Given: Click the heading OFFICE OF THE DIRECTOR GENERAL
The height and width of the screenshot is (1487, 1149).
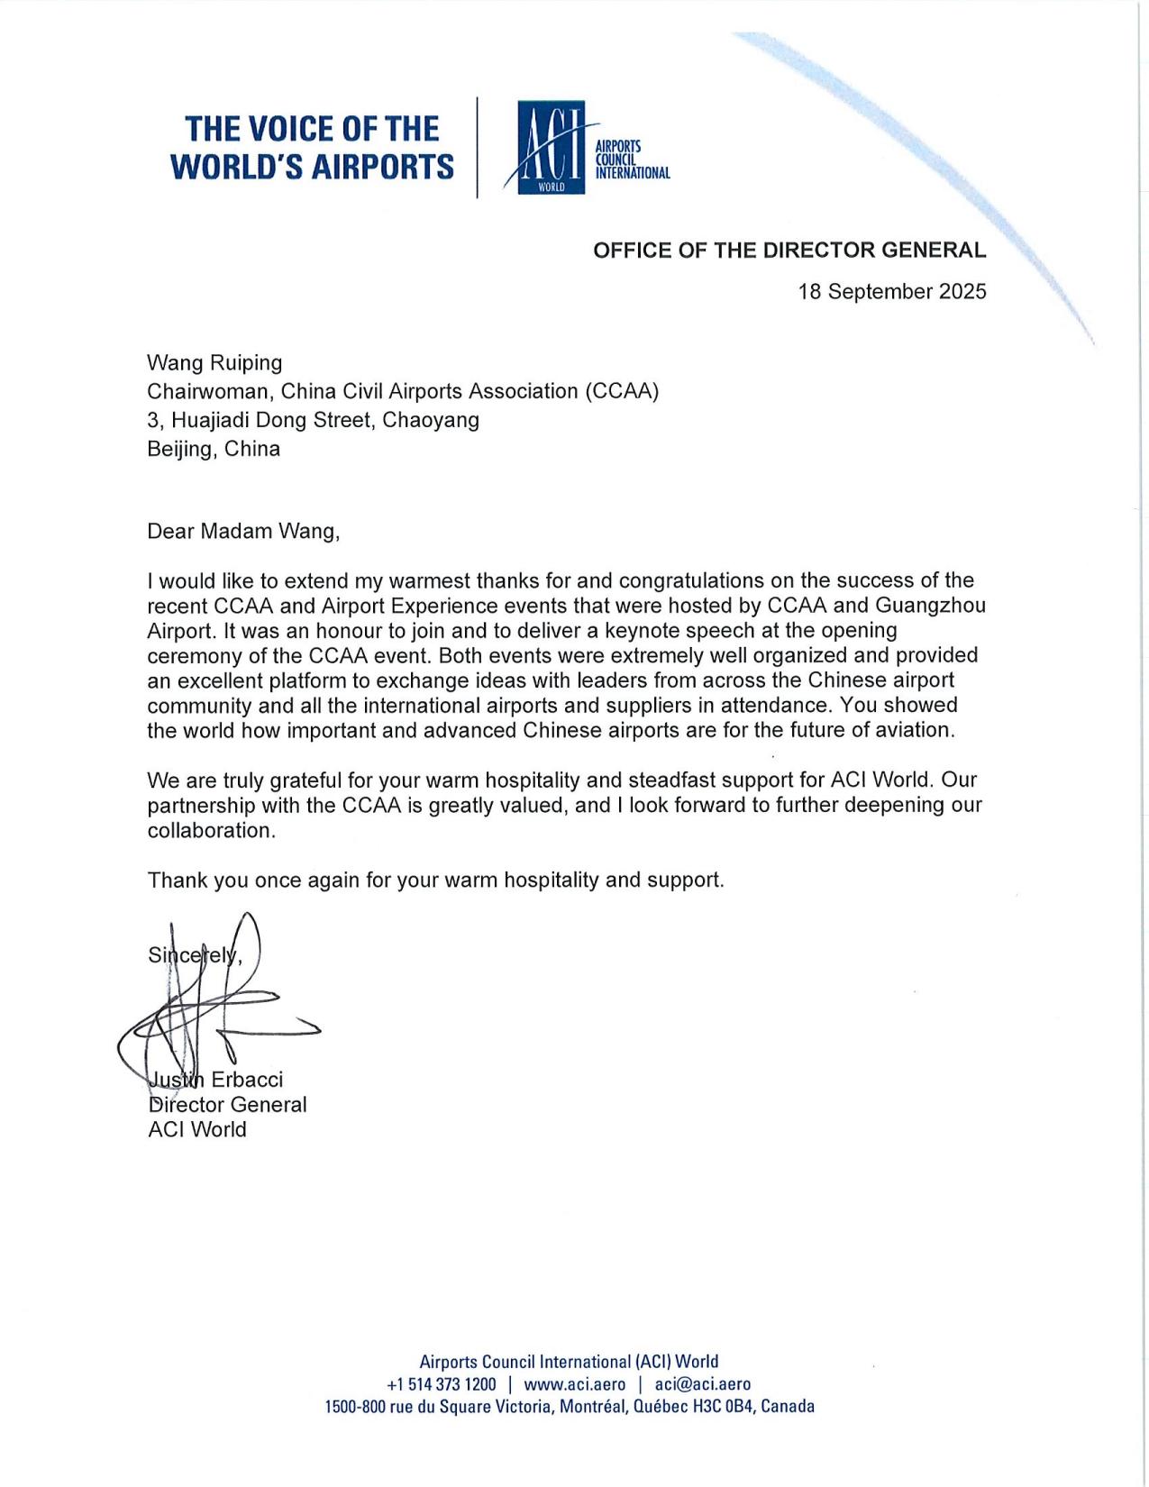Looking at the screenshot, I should tap(789, 251).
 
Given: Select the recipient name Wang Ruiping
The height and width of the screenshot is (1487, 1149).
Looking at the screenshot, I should tap(214, 362).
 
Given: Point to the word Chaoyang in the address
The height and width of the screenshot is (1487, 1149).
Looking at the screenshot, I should tap(431, 420).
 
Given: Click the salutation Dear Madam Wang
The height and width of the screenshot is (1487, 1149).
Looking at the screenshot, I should tap(243, 531).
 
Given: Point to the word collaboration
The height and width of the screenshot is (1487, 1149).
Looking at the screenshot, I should tap(209, 830).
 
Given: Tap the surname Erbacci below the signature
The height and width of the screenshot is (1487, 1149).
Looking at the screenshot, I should tap(247, 1080).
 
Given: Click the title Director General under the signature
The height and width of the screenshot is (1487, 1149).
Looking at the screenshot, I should tap(227, 1105).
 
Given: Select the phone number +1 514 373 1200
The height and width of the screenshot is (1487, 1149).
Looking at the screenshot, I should tap(441, 1384).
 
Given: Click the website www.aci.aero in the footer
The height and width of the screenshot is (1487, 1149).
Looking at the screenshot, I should tap(574, 1384).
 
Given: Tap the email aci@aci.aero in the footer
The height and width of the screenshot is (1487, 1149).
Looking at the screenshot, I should tap(703, 1384).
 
